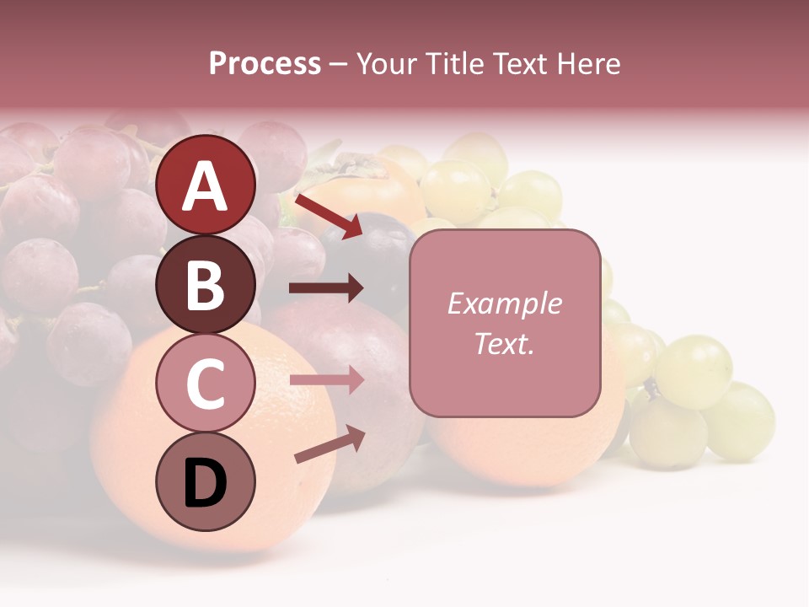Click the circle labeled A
coord(206,185)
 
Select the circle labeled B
coord(206,284)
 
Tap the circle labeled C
coord(206,383)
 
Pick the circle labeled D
coord(206,481)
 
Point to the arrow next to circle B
coord(326,288)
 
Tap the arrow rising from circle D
coord(329,444)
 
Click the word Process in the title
coord(265,63)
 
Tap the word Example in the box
coord(504,303)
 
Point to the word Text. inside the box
coord(504,343)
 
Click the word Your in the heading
coord(387,63)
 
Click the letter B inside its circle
coord(206,285)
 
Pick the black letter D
coord(206,483)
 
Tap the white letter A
coord(206,186)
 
